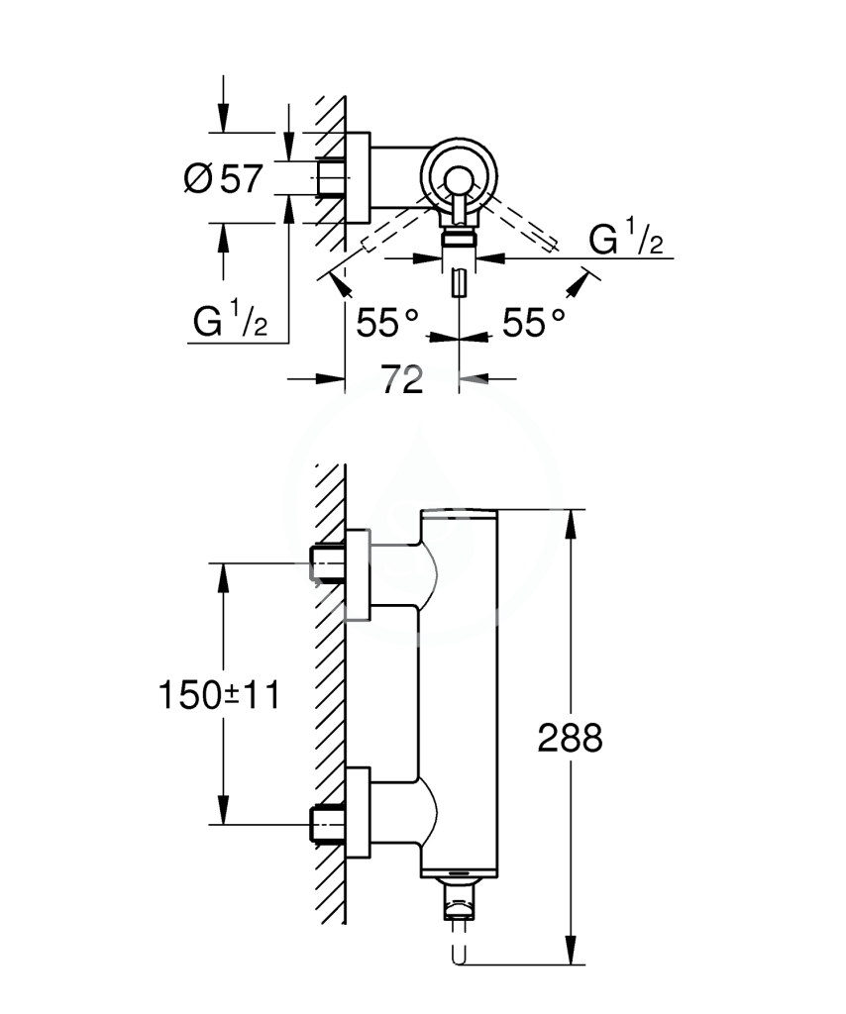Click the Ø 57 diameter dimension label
point(223,178)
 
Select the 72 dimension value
point(401,379)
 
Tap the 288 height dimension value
point(570,738)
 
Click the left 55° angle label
point(386,323)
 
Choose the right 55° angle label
point(534,323)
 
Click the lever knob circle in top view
point(459,180)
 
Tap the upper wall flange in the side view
point(359,574)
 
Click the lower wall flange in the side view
point(359,813)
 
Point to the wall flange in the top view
point(359,178)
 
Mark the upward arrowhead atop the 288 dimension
point(571,525)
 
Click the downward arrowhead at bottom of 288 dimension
point(571,951)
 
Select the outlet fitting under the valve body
point(459,899)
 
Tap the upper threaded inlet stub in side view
point(329,563)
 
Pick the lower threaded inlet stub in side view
point(329,825)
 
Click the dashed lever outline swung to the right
point(521,225)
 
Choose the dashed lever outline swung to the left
point(396,225)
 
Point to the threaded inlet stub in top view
point(332,177)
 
